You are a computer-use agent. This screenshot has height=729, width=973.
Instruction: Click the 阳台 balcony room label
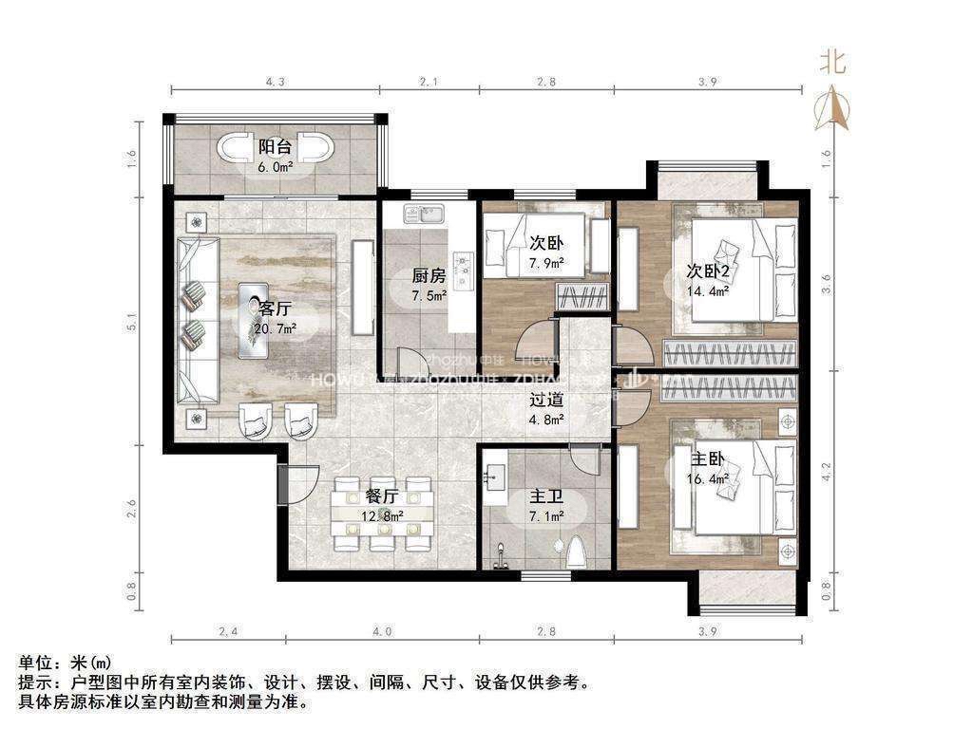pyautogui.click(x=275, y=147)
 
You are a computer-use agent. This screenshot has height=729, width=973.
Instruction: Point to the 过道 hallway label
pyautogui.click(x=546, y=400)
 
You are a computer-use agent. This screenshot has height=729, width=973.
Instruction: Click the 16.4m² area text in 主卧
pyautogui.click(x=709, y=480)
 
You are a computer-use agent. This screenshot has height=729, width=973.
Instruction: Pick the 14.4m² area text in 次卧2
pyautogui.click(x=709, y=291)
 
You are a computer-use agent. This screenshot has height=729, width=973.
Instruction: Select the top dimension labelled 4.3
pyautogui.click(x=276, y=83)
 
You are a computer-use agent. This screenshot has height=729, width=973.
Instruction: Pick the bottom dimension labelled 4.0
pyautogui.click(x=381, y=631)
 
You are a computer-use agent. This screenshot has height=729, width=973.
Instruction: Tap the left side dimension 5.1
pyautogui.click(x=133, y=323)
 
